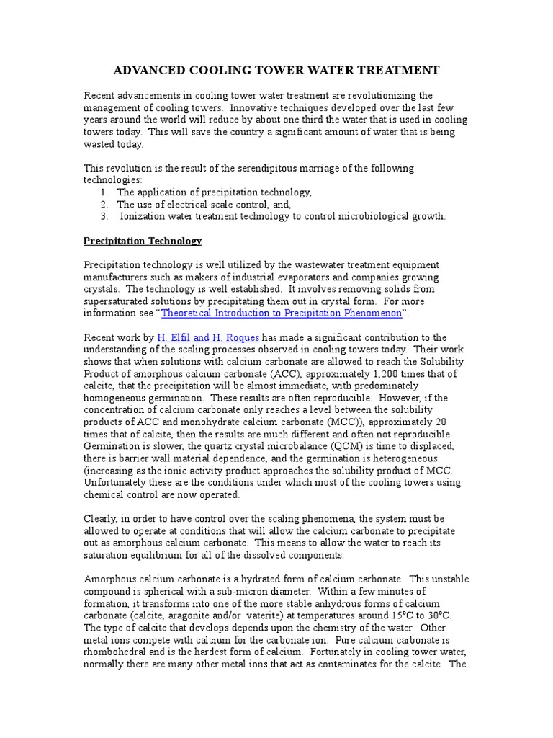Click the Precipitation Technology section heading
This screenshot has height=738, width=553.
[x=143, y=241]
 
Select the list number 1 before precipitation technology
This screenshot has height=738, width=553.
[x=104, y=192]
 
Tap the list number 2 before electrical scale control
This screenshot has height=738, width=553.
[x=104, y=204]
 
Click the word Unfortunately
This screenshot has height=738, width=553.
[x=119, y=482]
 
